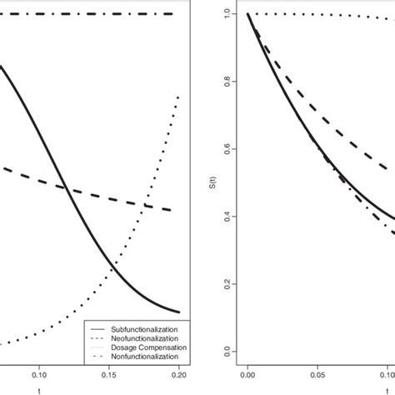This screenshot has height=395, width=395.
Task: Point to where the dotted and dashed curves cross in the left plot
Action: point(147,205)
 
